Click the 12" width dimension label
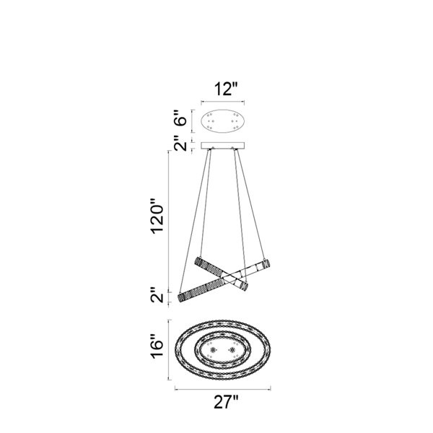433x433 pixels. click(x=226, y=89)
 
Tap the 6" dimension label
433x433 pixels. click(x=180, y=118)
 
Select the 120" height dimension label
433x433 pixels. click(x=157, y=216)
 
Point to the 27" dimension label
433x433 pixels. click(x=226, y=402)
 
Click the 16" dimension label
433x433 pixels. click(x=157, y=347)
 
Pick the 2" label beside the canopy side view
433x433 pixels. click(x=180, y=143)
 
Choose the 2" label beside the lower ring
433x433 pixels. click(x=157, y=295)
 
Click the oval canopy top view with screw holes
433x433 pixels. click(x=222, y=121)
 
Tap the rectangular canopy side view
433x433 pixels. click(x=222, y=146)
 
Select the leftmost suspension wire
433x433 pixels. click(x=193, y=221)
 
